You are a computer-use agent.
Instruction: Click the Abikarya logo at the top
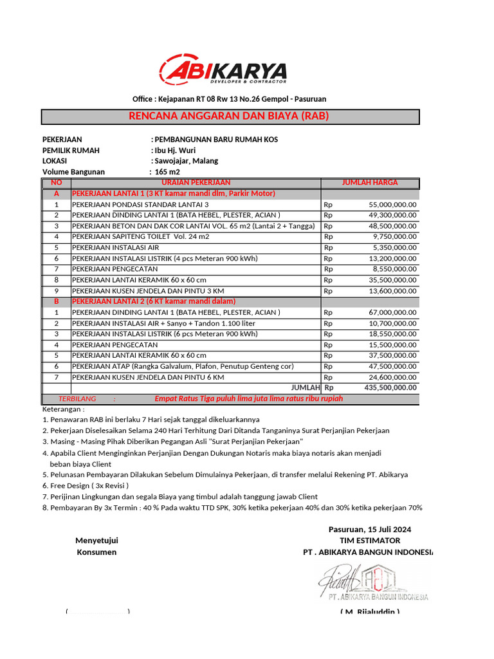coord(223,71)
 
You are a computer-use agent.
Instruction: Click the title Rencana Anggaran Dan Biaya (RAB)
coord(230,116)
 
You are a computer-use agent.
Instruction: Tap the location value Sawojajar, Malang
coord(185,161)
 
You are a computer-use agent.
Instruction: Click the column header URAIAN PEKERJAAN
coord(196,183)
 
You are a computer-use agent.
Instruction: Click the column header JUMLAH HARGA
coord(370,183)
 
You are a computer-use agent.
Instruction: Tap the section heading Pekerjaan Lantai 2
coord(153,301)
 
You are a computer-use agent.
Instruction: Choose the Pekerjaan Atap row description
coord(182,366)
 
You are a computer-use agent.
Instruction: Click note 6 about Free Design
coord(86,485)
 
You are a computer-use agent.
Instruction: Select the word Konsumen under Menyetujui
coord(96,552)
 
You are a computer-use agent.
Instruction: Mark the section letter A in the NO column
coord(57,193)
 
